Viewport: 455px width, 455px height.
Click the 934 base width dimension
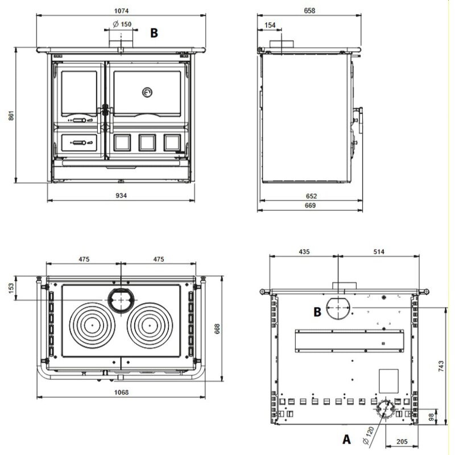point(121,195)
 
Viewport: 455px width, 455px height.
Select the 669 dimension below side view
point(311,205)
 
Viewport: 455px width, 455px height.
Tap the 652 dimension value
point(311,196)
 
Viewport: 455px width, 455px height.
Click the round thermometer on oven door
point(147,92)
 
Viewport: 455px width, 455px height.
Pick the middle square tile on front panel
point(147,142)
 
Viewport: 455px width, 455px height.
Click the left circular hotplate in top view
point(91,326)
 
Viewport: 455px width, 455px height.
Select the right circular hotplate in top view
point(150,326)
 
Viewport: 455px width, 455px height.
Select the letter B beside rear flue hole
point(318,311)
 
